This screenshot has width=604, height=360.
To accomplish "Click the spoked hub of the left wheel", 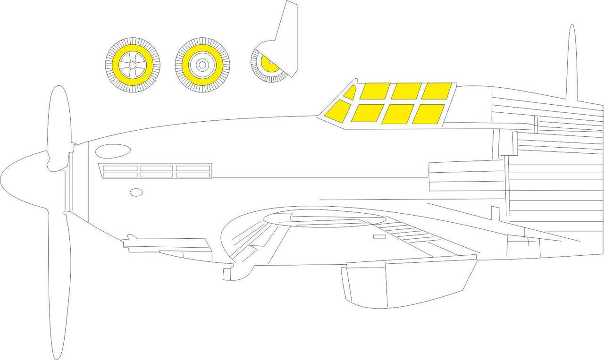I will (x=132, y=65).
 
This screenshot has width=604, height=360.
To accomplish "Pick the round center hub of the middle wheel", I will (x=202, y=65).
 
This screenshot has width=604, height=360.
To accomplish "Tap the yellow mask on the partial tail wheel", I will (x=269, y=65).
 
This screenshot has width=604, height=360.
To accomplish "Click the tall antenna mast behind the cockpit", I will (x=571, y=61).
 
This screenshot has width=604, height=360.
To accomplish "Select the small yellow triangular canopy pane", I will (x=350, y=93).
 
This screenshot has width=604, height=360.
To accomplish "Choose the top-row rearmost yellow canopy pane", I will (x=437, y=91).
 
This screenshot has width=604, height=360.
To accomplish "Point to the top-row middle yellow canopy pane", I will (x=406, y=91).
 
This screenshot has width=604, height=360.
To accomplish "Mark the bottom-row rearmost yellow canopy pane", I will (x=428, y=114).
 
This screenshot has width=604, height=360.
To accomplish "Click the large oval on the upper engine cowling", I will (x=113, y=151).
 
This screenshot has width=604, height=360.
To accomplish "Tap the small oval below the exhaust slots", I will (x=136, y=192).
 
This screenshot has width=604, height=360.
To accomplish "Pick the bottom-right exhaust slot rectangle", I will (x=193, y=175).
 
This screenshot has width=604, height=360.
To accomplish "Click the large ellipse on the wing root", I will (x=323, y=219).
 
